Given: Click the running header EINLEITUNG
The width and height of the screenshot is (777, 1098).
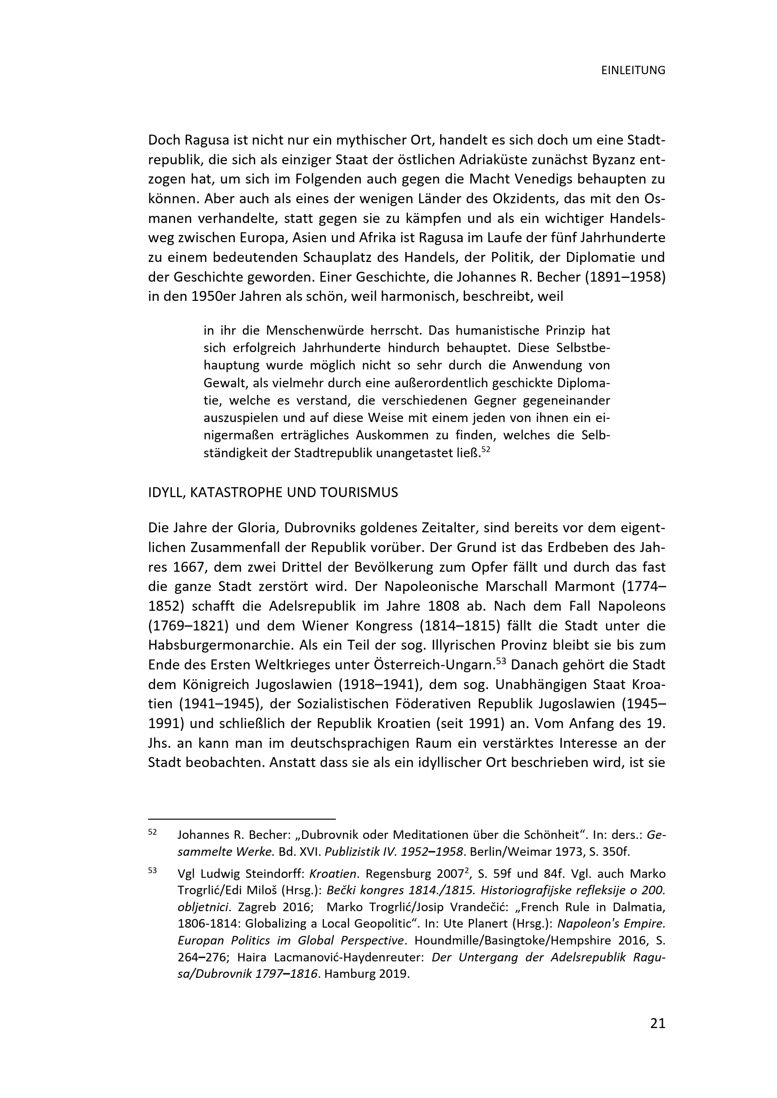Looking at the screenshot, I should (x=633, y=71).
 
